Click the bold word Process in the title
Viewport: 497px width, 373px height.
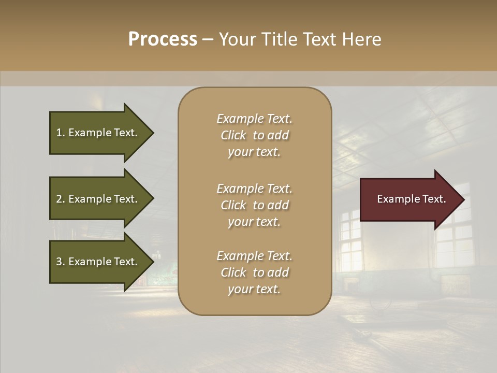(x=163, y=39)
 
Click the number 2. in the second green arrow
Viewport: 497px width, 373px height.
(x=61, y=199)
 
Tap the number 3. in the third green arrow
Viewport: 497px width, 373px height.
(x=61, y=262)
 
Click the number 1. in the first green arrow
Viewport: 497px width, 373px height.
(x=61, y=133)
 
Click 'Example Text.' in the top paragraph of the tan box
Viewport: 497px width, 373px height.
(x=254, y=119)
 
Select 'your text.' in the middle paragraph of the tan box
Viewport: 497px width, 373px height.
(x=254, y=222)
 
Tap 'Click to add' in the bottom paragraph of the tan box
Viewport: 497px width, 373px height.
(x=254, y=272)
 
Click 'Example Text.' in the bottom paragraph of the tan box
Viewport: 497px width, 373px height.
(x=254, y=256)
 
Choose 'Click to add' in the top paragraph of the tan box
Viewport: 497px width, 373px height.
(x=254, y=135)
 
